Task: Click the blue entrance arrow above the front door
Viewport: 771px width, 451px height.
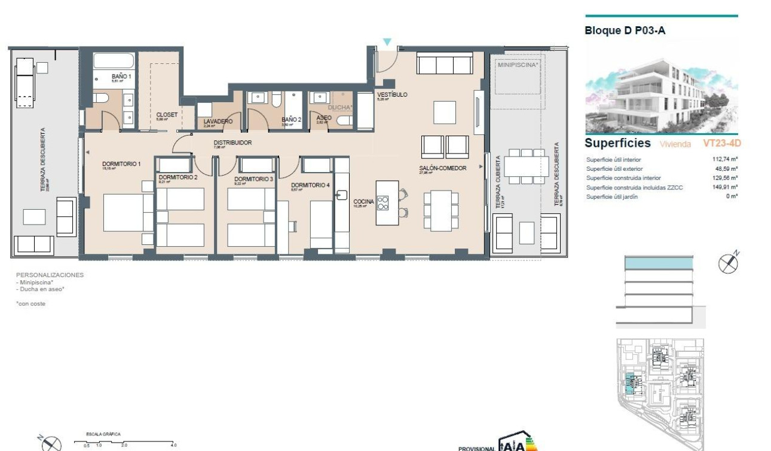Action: pyautogui.click(x=387, y=42)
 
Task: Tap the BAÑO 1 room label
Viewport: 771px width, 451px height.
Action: pyautogui.click(x=121, y=76)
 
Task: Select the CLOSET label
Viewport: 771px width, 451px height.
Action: pyautogui.click(x=167, y=115)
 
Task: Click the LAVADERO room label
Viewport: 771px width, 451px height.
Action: pyautogui.click(x=218, y=121)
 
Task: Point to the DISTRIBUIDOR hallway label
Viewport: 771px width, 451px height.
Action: pyautogui.click(x=232, y=143)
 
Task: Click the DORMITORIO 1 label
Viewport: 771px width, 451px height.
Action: pyautogui.click(x=121, y=164)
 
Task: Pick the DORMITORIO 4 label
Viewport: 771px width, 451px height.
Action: pyautogui.click(x=310, y=185)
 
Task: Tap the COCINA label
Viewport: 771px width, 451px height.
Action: pyautogui.click(x=363, y=202)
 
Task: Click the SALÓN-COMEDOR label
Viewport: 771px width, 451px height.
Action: pyautogui.click(x=443, y=168)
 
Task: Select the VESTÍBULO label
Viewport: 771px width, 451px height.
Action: pyautogui.click(x=392, y=95)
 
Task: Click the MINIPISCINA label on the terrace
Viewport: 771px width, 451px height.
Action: pyautogui.click(x=518, y=64)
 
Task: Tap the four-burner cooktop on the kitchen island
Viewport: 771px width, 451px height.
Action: pyautogui.click(x=383, y=203)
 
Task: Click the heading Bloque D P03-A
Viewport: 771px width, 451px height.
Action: pyautogui.click(x=625, y=30)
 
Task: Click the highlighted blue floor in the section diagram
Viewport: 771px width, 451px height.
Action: pyautogui.click(x=659, y=263)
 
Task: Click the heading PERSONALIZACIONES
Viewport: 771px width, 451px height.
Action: pyautogui.click(x=50, y=275)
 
